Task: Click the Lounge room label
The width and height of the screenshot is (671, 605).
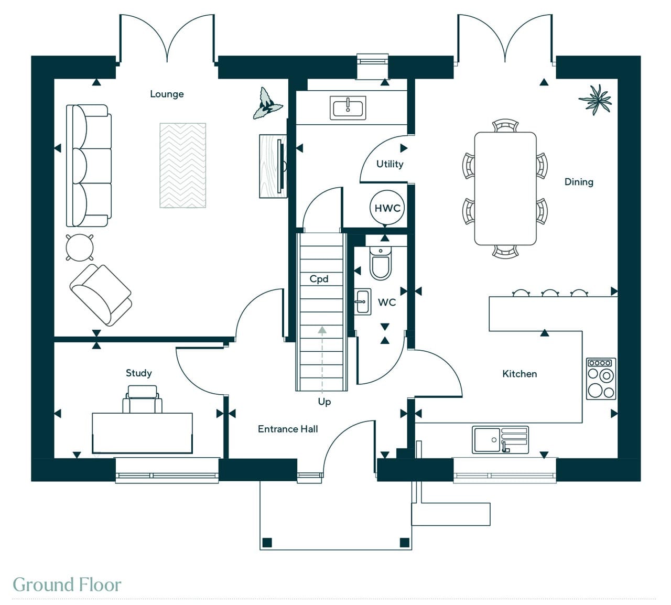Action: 167,94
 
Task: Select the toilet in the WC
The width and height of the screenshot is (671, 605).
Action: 381,263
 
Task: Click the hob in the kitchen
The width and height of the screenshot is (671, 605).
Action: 601,379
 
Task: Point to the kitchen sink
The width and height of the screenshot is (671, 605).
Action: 500,440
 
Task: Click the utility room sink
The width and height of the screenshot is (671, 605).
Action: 348,108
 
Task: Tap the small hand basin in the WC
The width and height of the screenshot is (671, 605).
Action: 362,301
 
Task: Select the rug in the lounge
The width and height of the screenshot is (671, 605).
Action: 182,165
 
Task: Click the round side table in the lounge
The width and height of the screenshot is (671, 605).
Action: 80,247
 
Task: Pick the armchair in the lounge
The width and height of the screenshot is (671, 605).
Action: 101,295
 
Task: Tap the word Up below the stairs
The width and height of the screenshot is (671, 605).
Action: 324,402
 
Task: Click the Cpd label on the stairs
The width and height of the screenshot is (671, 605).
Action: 319,279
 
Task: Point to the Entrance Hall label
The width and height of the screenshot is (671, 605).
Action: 288,429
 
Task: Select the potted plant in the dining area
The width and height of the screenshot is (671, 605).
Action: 596,100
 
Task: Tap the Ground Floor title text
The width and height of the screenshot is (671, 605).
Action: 67,585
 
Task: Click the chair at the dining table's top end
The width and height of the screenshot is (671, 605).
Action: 505,125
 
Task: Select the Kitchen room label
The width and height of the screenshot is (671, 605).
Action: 520,374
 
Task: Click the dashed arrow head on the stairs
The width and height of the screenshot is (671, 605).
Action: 322,330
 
